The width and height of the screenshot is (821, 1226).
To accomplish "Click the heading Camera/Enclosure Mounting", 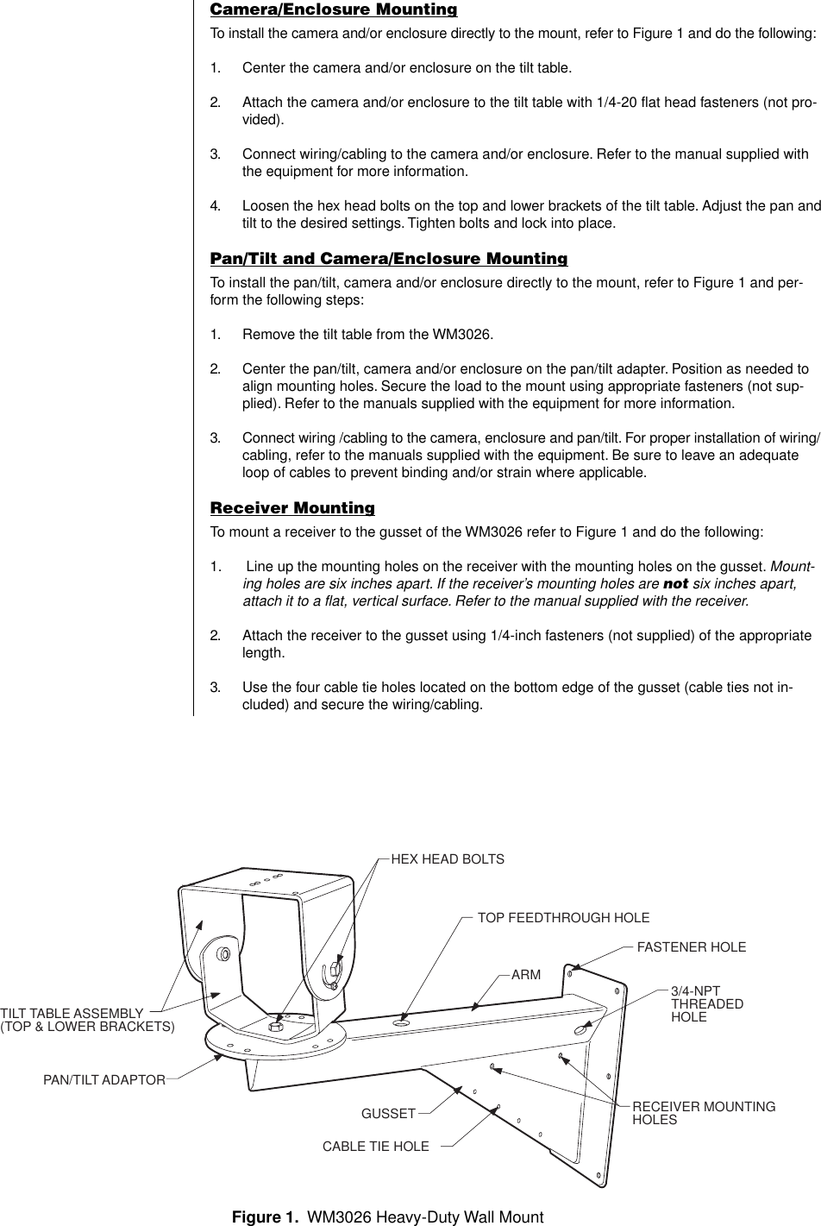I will pos(334,10).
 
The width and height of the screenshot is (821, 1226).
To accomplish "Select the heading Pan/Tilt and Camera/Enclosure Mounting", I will pos(389,259).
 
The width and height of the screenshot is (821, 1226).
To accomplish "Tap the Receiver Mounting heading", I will pos(292,507).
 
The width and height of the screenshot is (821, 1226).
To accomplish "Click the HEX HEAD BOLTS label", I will pos(448,859).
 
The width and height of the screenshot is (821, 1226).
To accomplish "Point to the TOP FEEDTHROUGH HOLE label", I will pos(563,918).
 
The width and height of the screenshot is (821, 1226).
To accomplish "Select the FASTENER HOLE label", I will pos(691,947).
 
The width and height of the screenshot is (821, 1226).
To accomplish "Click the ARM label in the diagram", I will pos(526,975).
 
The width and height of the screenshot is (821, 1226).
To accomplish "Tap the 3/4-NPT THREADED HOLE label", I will pos(706,1004).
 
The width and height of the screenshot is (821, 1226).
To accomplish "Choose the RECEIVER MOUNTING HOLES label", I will pos(703,1113).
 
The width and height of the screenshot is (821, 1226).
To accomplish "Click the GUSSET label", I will pos(388,1114).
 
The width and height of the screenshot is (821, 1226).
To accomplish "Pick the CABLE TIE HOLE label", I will pos(375,1147).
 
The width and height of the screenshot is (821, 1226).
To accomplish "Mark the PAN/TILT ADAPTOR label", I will pos(104,1079).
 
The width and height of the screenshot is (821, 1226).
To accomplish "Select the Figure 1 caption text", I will pos(388,1217).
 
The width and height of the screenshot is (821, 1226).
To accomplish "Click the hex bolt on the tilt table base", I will pos(276,1026).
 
